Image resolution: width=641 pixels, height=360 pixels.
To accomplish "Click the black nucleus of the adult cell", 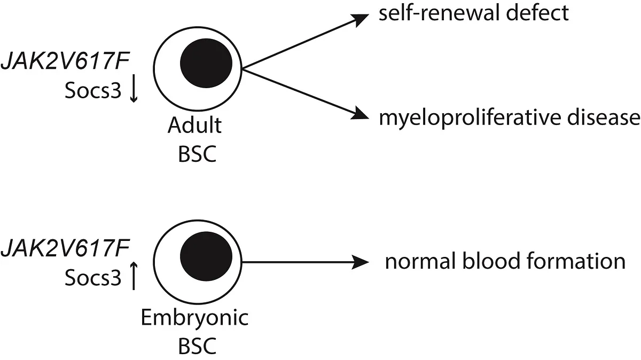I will pos(206,61).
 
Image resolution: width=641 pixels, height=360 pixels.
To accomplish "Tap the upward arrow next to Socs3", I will pos(134,277).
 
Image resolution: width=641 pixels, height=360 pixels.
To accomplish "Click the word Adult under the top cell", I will pos(194,127).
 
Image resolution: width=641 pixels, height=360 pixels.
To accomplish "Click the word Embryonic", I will pos(194,318).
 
